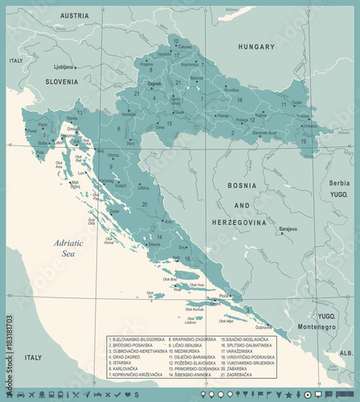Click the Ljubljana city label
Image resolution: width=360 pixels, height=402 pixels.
click(x=63, y=67)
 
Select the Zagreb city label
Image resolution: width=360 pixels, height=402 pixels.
click(x=154, y=83)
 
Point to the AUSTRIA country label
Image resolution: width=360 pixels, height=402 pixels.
click(x=75, y=15)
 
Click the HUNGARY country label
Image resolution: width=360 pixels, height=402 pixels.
click(x=256, y=47)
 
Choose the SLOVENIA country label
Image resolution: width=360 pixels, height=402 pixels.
click(x=61, y=81)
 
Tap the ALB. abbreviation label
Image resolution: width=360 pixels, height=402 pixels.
click(x=346, y=352)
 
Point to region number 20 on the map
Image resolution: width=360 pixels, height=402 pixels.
click(x=145, y=204)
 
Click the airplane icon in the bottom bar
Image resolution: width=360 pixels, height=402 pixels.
click(x=31, y=395)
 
